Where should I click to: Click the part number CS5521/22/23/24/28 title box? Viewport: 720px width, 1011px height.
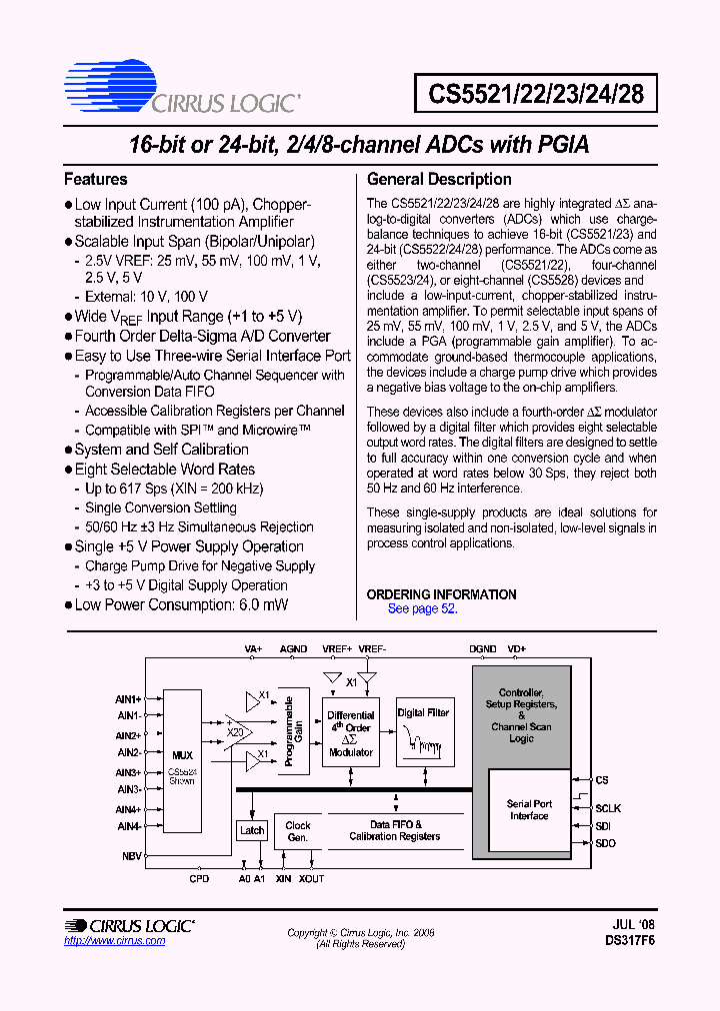[536, 95]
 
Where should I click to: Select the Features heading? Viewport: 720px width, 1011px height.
[96, 180]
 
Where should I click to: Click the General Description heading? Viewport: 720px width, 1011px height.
[439, 180]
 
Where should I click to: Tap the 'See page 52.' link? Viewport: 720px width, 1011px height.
[422, 608]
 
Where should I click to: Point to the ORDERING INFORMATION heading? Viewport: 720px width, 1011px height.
[441, 594]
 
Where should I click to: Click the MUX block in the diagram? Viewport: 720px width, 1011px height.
[182, 759]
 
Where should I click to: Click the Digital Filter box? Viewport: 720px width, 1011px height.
[423, 731]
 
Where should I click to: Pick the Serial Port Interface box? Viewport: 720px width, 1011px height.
[529, 810]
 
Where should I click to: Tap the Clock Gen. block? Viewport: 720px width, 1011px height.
[298, 831]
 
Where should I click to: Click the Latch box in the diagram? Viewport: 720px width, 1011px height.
[252, 830]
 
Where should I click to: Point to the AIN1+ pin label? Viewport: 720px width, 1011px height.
[128, 699]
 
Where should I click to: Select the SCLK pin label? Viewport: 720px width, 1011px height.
[608, 808]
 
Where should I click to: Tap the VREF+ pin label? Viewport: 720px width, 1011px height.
[337, 648]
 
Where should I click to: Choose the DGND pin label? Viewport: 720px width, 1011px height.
[483, 648]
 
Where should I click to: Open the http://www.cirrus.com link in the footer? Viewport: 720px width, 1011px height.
[107, 941]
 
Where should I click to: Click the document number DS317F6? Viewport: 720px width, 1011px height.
[630, 941]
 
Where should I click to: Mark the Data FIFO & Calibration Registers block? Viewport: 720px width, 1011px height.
[394, 831]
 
